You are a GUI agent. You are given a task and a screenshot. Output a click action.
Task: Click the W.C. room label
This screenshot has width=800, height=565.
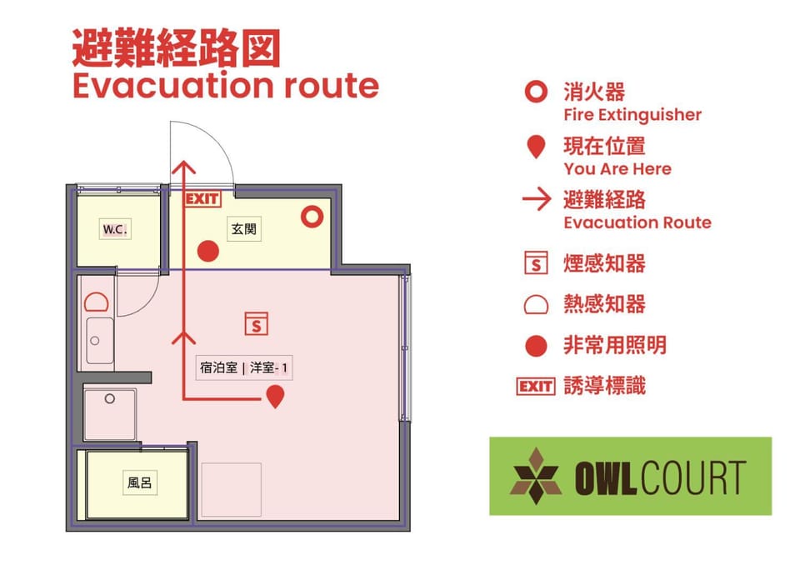[115, 229]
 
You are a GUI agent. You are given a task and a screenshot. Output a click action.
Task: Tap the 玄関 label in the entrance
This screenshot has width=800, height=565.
[243, 228]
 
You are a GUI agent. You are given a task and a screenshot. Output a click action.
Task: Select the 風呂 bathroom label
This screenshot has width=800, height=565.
[140, 482]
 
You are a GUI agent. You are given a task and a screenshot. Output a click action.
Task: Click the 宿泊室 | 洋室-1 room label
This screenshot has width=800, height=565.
[244, 367]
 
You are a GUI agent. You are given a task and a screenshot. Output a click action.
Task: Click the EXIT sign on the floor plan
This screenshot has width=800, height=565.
[202, 198]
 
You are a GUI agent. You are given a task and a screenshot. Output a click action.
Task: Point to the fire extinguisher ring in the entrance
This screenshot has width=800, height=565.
[312, 217]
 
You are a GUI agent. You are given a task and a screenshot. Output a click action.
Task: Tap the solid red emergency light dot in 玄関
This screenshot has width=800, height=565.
[208, 251]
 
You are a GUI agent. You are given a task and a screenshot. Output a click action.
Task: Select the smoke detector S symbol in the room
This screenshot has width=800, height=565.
[256, 323]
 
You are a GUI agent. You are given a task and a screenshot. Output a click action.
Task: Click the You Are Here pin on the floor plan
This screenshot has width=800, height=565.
[276, 396]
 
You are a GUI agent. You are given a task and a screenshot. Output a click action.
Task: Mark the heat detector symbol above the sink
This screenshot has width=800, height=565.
[97, 302]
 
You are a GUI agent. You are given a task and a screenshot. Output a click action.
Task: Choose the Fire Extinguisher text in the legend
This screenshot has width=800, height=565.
[632, 115]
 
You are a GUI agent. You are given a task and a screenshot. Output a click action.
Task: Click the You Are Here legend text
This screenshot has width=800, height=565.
[617, 169]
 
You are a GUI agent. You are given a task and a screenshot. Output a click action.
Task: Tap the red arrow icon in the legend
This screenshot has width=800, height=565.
[537, 199]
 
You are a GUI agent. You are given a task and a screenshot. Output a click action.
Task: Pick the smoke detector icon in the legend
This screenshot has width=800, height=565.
[536, 262]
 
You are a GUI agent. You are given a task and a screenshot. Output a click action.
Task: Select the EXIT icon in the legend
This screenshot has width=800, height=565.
[536, 387]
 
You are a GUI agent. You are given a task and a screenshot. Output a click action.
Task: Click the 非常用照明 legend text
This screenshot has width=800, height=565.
[615, 346]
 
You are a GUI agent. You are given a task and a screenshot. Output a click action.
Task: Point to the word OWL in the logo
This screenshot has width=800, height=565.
[606, 477]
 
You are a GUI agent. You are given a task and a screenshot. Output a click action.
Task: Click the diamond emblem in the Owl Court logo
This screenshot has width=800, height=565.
[536, 477]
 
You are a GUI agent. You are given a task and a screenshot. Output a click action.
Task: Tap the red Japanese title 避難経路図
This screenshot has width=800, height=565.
[177, 48]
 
